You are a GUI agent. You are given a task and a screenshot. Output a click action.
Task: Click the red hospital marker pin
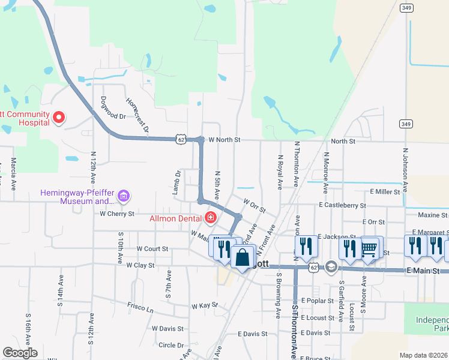point(59,118)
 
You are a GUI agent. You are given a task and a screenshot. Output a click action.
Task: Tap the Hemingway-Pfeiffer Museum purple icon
point(124,196)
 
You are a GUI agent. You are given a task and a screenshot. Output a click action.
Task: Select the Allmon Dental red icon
point(210,217)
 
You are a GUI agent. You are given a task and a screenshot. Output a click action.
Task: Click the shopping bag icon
point(243,258)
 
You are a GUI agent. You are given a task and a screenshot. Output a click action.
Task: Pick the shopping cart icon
point(369,247)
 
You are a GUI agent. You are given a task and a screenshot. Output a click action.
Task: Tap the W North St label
point(224,140)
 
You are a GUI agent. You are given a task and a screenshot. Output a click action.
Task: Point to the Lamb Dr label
point(178,182)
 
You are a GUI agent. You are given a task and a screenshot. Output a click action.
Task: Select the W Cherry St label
point(117,213)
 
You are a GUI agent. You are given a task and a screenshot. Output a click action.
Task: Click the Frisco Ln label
point(140,307)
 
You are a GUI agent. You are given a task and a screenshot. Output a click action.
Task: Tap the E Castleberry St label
point(343,205)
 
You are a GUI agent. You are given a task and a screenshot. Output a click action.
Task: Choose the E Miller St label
point(385,191)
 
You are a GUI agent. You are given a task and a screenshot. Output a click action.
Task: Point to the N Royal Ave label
point(280,172)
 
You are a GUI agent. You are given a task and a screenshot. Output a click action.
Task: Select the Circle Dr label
point(171,345)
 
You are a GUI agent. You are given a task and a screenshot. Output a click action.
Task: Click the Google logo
point(20,353)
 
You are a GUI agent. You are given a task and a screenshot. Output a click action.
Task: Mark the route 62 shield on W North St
point(181,139)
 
